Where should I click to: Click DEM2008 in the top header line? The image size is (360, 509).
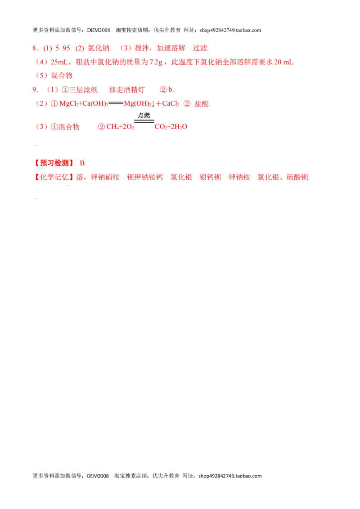click(x=99, y=30)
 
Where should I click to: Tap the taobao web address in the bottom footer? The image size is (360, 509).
click(x=230, y=476)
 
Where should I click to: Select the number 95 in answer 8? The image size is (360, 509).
click(x=66, y=49)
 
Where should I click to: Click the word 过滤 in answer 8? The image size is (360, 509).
click(x=200, y=48)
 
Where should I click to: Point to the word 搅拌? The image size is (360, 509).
click(x=142, y=48)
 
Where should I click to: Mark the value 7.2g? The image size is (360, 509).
click(x=156, y=62)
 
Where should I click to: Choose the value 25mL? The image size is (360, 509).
click(x=59, y=62)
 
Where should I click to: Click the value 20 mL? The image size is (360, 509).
click(x=283, y=62)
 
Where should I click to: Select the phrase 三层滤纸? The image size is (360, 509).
click(x=83, y=90)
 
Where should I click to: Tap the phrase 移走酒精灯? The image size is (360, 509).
click(x=127, y=90)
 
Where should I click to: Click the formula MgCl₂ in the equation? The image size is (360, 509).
click(x=69, y=103)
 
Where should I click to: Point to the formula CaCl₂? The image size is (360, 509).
click(x=171, y=103)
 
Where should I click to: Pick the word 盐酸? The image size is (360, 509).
click(x=202, y=104)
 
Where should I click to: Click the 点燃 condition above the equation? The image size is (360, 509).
click(x=144, y=115)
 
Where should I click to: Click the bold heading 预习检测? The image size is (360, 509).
click(x=54, y=163)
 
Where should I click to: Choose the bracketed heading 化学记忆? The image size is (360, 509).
click(x=54, y=177)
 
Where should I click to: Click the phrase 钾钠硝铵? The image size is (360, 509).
click(x=105, y=177)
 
